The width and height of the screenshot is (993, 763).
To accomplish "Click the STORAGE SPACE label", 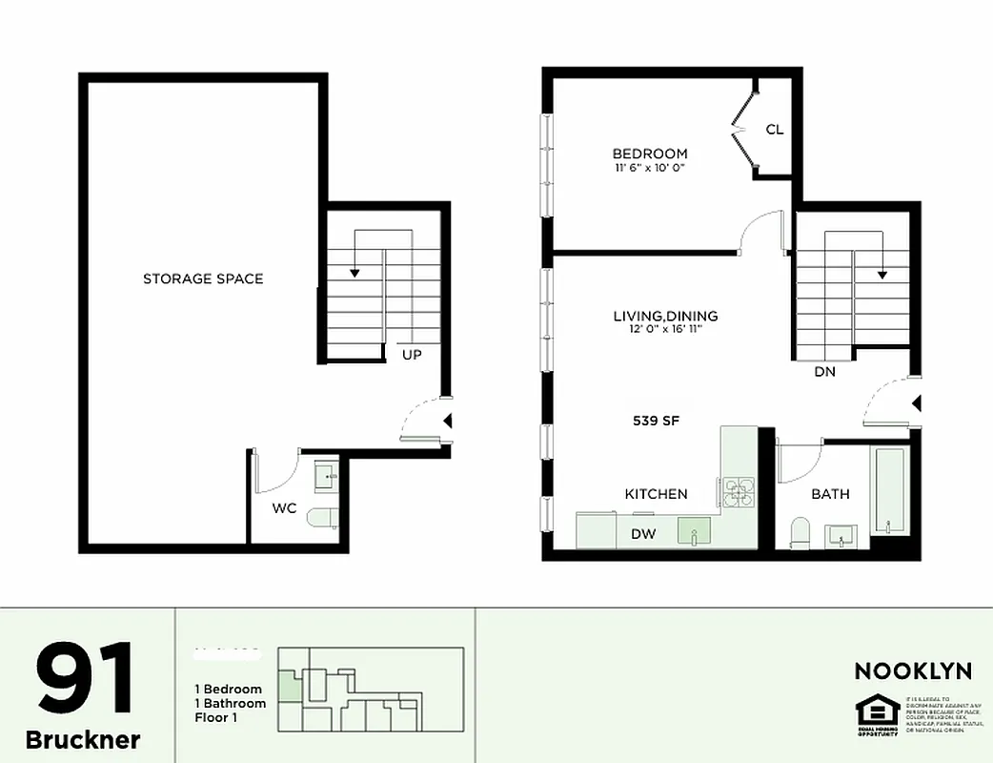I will [x=203, y=278].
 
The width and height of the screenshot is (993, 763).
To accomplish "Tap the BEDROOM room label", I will [x=649, y=154].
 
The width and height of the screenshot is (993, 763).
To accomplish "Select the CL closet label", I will [x=775, y=129].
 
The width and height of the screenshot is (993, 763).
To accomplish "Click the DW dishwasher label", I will [x=643, y=534].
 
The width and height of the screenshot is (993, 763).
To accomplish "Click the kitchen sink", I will [x=695, y=530].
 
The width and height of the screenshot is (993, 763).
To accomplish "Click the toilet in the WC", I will [x=322, y=518].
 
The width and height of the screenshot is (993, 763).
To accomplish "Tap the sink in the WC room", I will [x=327, y=474].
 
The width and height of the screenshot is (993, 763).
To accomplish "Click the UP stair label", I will [x=412, y=354].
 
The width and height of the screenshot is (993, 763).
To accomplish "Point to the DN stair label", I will [x=824, y=372].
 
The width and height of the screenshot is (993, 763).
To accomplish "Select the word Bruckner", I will [x=83, y=739].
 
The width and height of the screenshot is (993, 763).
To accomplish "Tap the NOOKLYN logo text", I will [x=913, y=670].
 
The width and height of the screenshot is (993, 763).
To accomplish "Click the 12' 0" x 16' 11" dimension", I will [x=665, y=331].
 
